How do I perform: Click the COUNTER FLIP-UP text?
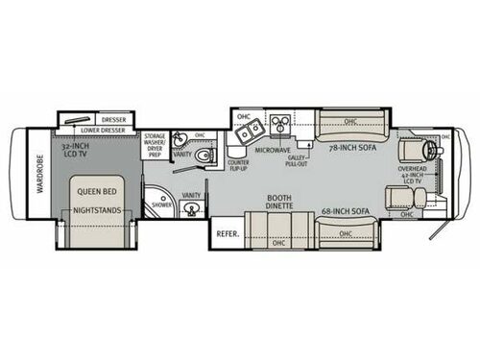click(x=240, y=166)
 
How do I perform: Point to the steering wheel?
click(x=443, y=153)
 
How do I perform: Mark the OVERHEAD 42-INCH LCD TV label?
click(x=415, y=175)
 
